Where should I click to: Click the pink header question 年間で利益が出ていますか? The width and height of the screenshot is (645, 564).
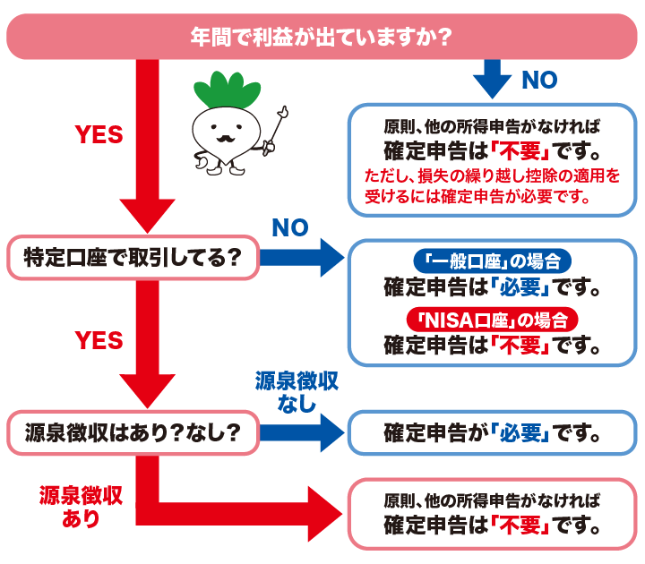tap(320, 38)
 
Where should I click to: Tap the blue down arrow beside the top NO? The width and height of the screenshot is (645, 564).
tap(492, 79)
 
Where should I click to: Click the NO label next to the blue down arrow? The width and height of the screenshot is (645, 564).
tap(538, 80)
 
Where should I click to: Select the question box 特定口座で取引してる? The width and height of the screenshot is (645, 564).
tap(132, 259)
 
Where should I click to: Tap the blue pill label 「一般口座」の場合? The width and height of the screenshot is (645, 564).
tap(492, 262)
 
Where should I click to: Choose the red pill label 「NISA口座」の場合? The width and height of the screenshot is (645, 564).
tap(492, 320)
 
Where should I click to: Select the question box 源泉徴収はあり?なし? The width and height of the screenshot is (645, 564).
tap(132, 433)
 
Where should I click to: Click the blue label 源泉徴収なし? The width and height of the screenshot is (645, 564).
tap(296, 392)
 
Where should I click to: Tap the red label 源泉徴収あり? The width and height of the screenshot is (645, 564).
tap(81, 507)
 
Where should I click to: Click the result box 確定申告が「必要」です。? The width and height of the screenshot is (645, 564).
tap(492, 434)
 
